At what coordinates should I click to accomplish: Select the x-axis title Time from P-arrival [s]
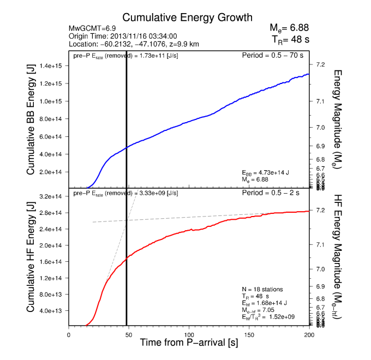pyautogui.click(x=189, y=344)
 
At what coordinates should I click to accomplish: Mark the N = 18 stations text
pyautogui.click(x=262, y=289)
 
